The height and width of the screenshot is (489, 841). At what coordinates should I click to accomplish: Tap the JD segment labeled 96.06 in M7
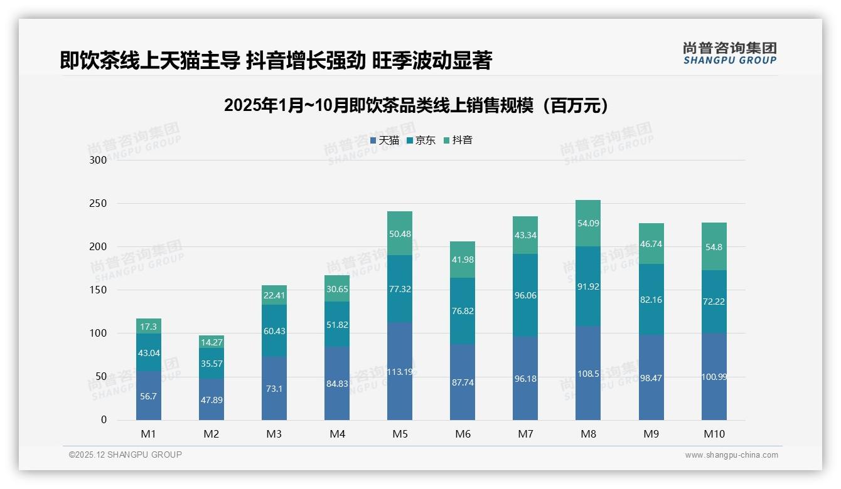(x=525, y=295)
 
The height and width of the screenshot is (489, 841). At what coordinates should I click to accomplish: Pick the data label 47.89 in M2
(x=212, y=400)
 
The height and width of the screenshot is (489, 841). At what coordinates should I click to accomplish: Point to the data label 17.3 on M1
(x=149, y=327)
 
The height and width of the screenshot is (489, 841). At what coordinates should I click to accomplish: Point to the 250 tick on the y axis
(x=99, y=204)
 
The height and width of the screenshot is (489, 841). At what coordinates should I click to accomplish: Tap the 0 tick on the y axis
(x=104, y=420)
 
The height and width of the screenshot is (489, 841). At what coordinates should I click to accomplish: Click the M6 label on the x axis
(x=463, y=434)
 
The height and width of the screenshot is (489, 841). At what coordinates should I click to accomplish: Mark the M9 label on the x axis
(x=651, y=434)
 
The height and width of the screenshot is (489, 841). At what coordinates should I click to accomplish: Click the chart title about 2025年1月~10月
(x=416, y=105)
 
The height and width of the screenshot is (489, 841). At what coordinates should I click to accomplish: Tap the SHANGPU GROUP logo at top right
(x=729, y=53)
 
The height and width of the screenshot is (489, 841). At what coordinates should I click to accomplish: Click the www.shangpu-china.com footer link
(x=731, y=455)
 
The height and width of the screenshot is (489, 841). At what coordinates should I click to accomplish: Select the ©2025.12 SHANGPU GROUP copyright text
(x=125, y=455)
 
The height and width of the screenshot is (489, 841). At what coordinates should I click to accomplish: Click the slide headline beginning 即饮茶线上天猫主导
(x=276, y=60)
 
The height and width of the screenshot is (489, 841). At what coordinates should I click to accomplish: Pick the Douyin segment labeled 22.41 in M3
(x=274, y=295)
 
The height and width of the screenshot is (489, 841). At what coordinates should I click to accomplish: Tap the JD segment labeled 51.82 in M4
(x=337, y=324)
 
